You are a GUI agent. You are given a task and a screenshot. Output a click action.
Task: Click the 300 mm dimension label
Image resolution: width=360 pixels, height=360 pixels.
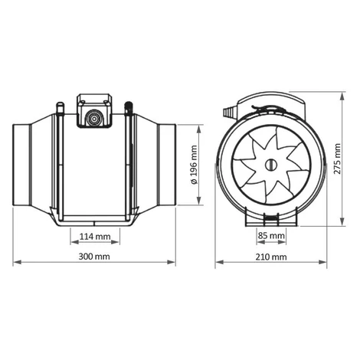[94, 256]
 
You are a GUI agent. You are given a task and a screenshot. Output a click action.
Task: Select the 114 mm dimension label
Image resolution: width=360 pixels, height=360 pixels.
[95, 237]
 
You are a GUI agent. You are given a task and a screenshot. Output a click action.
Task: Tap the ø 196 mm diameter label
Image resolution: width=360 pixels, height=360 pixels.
[194, 165]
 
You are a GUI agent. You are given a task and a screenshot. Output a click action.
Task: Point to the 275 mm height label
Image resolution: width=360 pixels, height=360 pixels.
[337, 159]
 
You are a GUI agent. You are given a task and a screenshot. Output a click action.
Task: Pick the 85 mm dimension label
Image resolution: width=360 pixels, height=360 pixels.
[271, 235]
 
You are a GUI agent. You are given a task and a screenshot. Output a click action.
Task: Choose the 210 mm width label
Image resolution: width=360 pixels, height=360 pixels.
[271, 257]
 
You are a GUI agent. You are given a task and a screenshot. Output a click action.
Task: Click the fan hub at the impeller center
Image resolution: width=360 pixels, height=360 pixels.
[270, 165]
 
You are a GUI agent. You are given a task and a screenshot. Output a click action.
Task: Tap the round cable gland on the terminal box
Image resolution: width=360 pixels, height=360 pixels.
[93, 119]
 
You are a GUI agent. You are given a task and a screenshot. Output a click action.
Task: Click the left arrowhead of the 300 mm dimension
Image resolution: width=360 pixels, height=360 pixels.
[17, 262]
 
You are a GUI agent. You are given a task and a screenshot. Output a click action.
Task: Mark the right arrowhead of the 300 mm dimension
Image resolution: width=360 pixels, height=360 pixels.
[172, 262]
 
